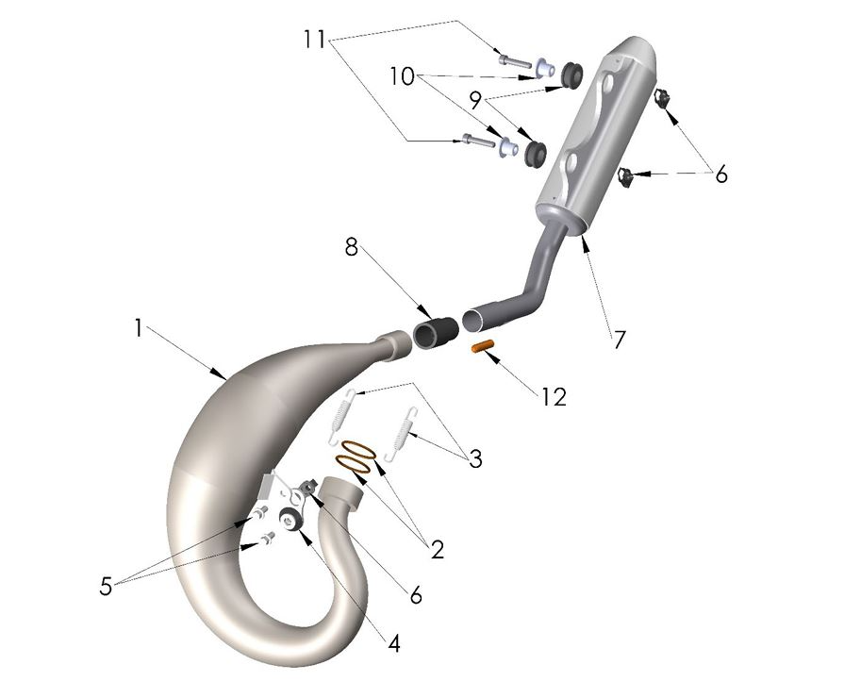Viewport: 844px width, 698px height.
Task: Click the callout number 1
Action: coord(138,328)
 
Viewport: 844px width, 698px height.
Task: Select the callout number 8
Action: coord(352,249)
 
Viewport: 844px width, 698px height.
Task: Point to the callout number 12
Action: coord(554,397)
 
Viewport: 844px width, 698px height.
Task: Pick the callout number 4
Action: coord(393,643)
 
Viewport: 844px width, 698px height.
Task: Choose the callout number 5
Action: coord(106,586)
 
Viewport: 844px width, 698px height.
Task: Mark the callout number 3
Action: coord(474,459)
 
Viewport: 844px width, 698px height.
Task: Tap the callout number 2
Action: coord(437,549)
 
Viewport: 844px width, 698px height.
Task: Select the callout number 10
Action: coord(403,76)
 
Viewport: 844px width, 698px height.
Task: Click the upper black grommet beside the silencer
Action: coord(570,74)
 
